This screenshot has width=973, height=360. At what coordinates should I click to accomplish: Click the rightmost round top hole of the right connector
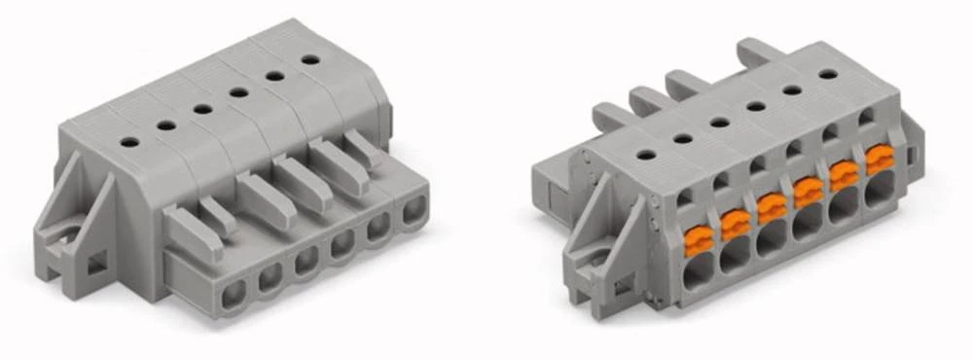point(827,73)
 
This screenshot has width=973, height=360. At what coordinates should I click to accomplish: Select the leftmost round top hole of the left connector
point(128,142)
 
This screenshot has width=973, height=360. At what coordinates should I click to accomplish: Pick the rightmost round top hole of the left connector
point(309,59)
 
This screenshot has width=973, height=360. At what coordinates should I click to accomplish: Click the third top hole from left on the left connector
point(202,108)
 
